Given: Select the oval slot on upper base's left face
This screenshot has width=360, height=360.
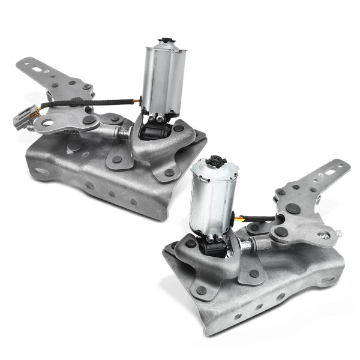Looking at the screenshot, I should coord(41,172).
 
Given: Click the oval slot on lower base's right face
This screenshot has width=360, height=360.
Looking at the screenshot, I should coord(327,279).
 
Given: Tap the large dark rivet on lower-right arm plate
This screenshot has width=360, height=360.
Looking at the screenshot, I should coord(293,209).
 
